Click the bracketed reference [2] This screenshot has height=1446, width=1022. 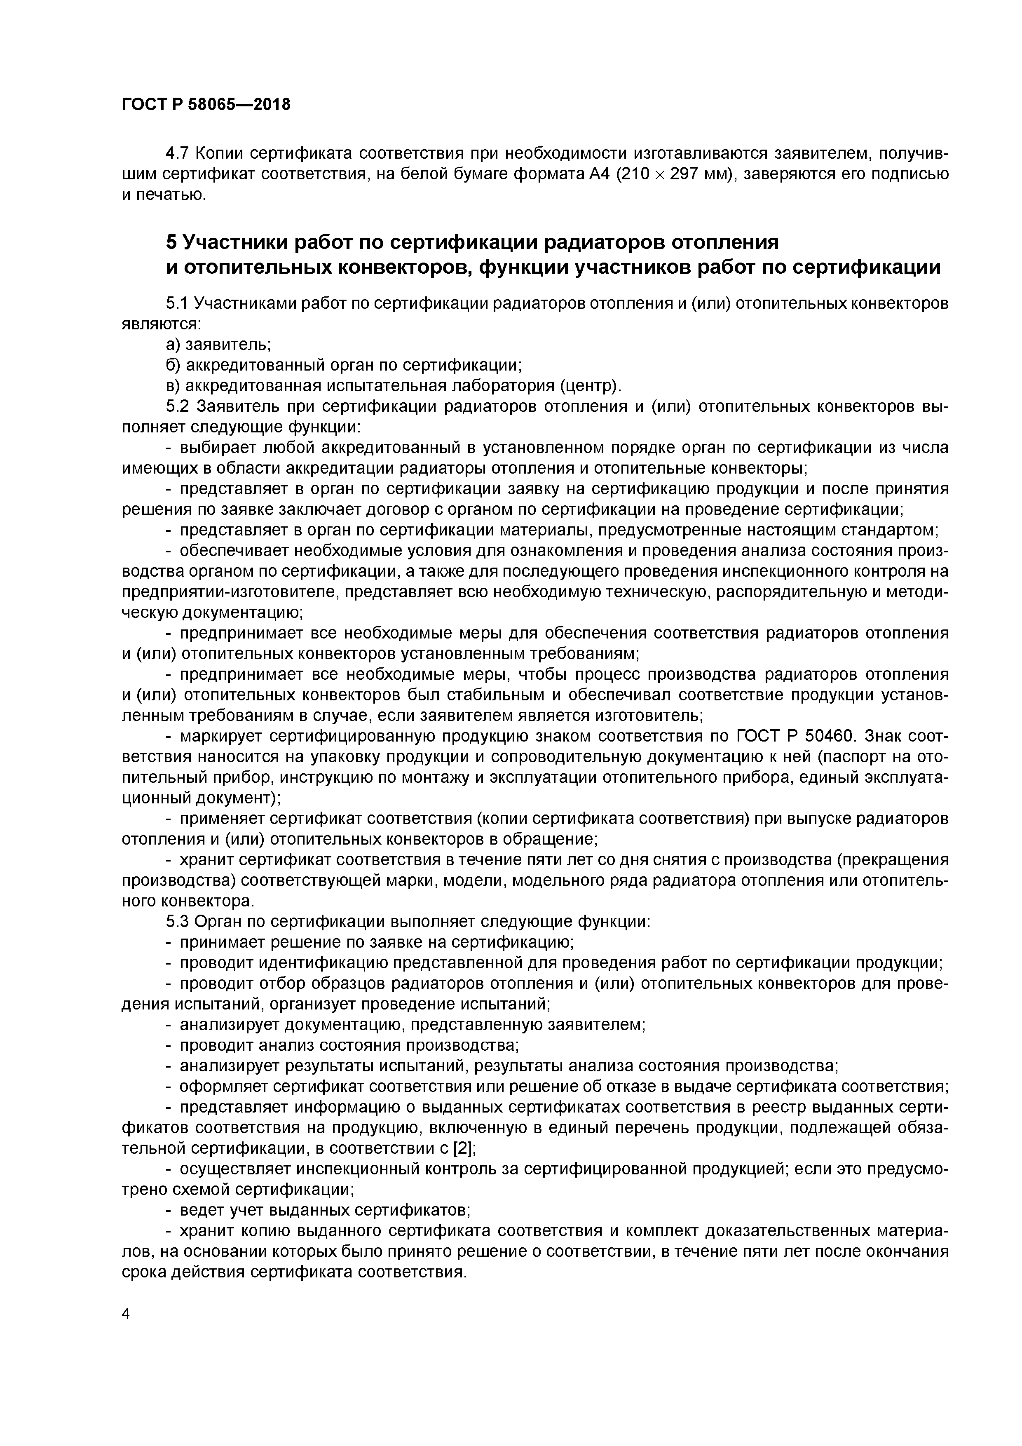pos(464,1148)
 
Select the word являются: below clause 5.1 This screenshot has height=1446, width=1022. pos(161,324)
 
